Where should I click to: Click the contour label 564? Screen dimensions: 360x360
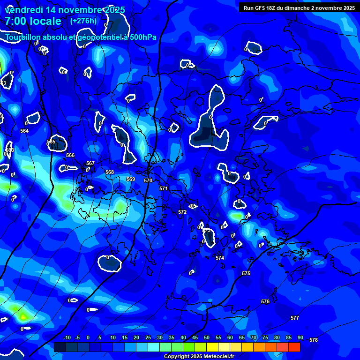coord(24,131)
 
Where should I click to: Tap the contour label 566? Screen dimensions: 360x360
coord(70,155)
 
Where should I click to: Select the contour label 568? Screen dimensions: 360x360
coord(110,172)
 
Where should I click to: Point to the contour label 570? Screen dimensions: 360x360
coord(148,180)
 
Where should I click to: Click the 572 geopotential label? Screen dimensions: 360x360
coord(182,212)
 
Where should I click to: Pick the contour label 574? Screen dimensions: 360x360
coord(220,258)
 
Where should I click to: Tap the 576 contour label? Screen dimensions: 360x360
coord(265,301)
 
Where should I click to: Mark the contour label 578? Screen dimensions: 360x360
coord(314,340)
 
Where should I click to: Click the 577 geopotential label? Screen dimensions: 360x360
coord(294,318)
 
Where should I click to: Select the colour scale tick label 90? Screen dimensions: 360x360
coord(300,338)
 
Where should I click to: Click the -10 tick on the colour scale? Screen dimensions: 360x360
coord(67,338)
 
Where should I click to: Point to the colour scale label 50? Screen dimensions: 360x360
coord(206,338)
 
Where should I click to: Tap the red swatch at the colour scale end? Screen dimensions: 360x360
coord(294,347)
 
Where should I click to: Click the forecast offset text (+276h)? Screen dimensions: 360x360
coord(83,21)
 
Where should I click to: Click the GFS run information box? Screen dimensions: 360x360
coord(299,8)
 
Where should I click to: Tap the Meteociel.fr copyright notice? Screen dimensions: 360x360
coord(205,356)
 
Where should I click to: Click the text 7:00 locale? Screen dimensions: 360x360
coord(33,21)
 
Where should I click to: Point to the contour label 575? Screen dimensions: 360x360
coord(246,273)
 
